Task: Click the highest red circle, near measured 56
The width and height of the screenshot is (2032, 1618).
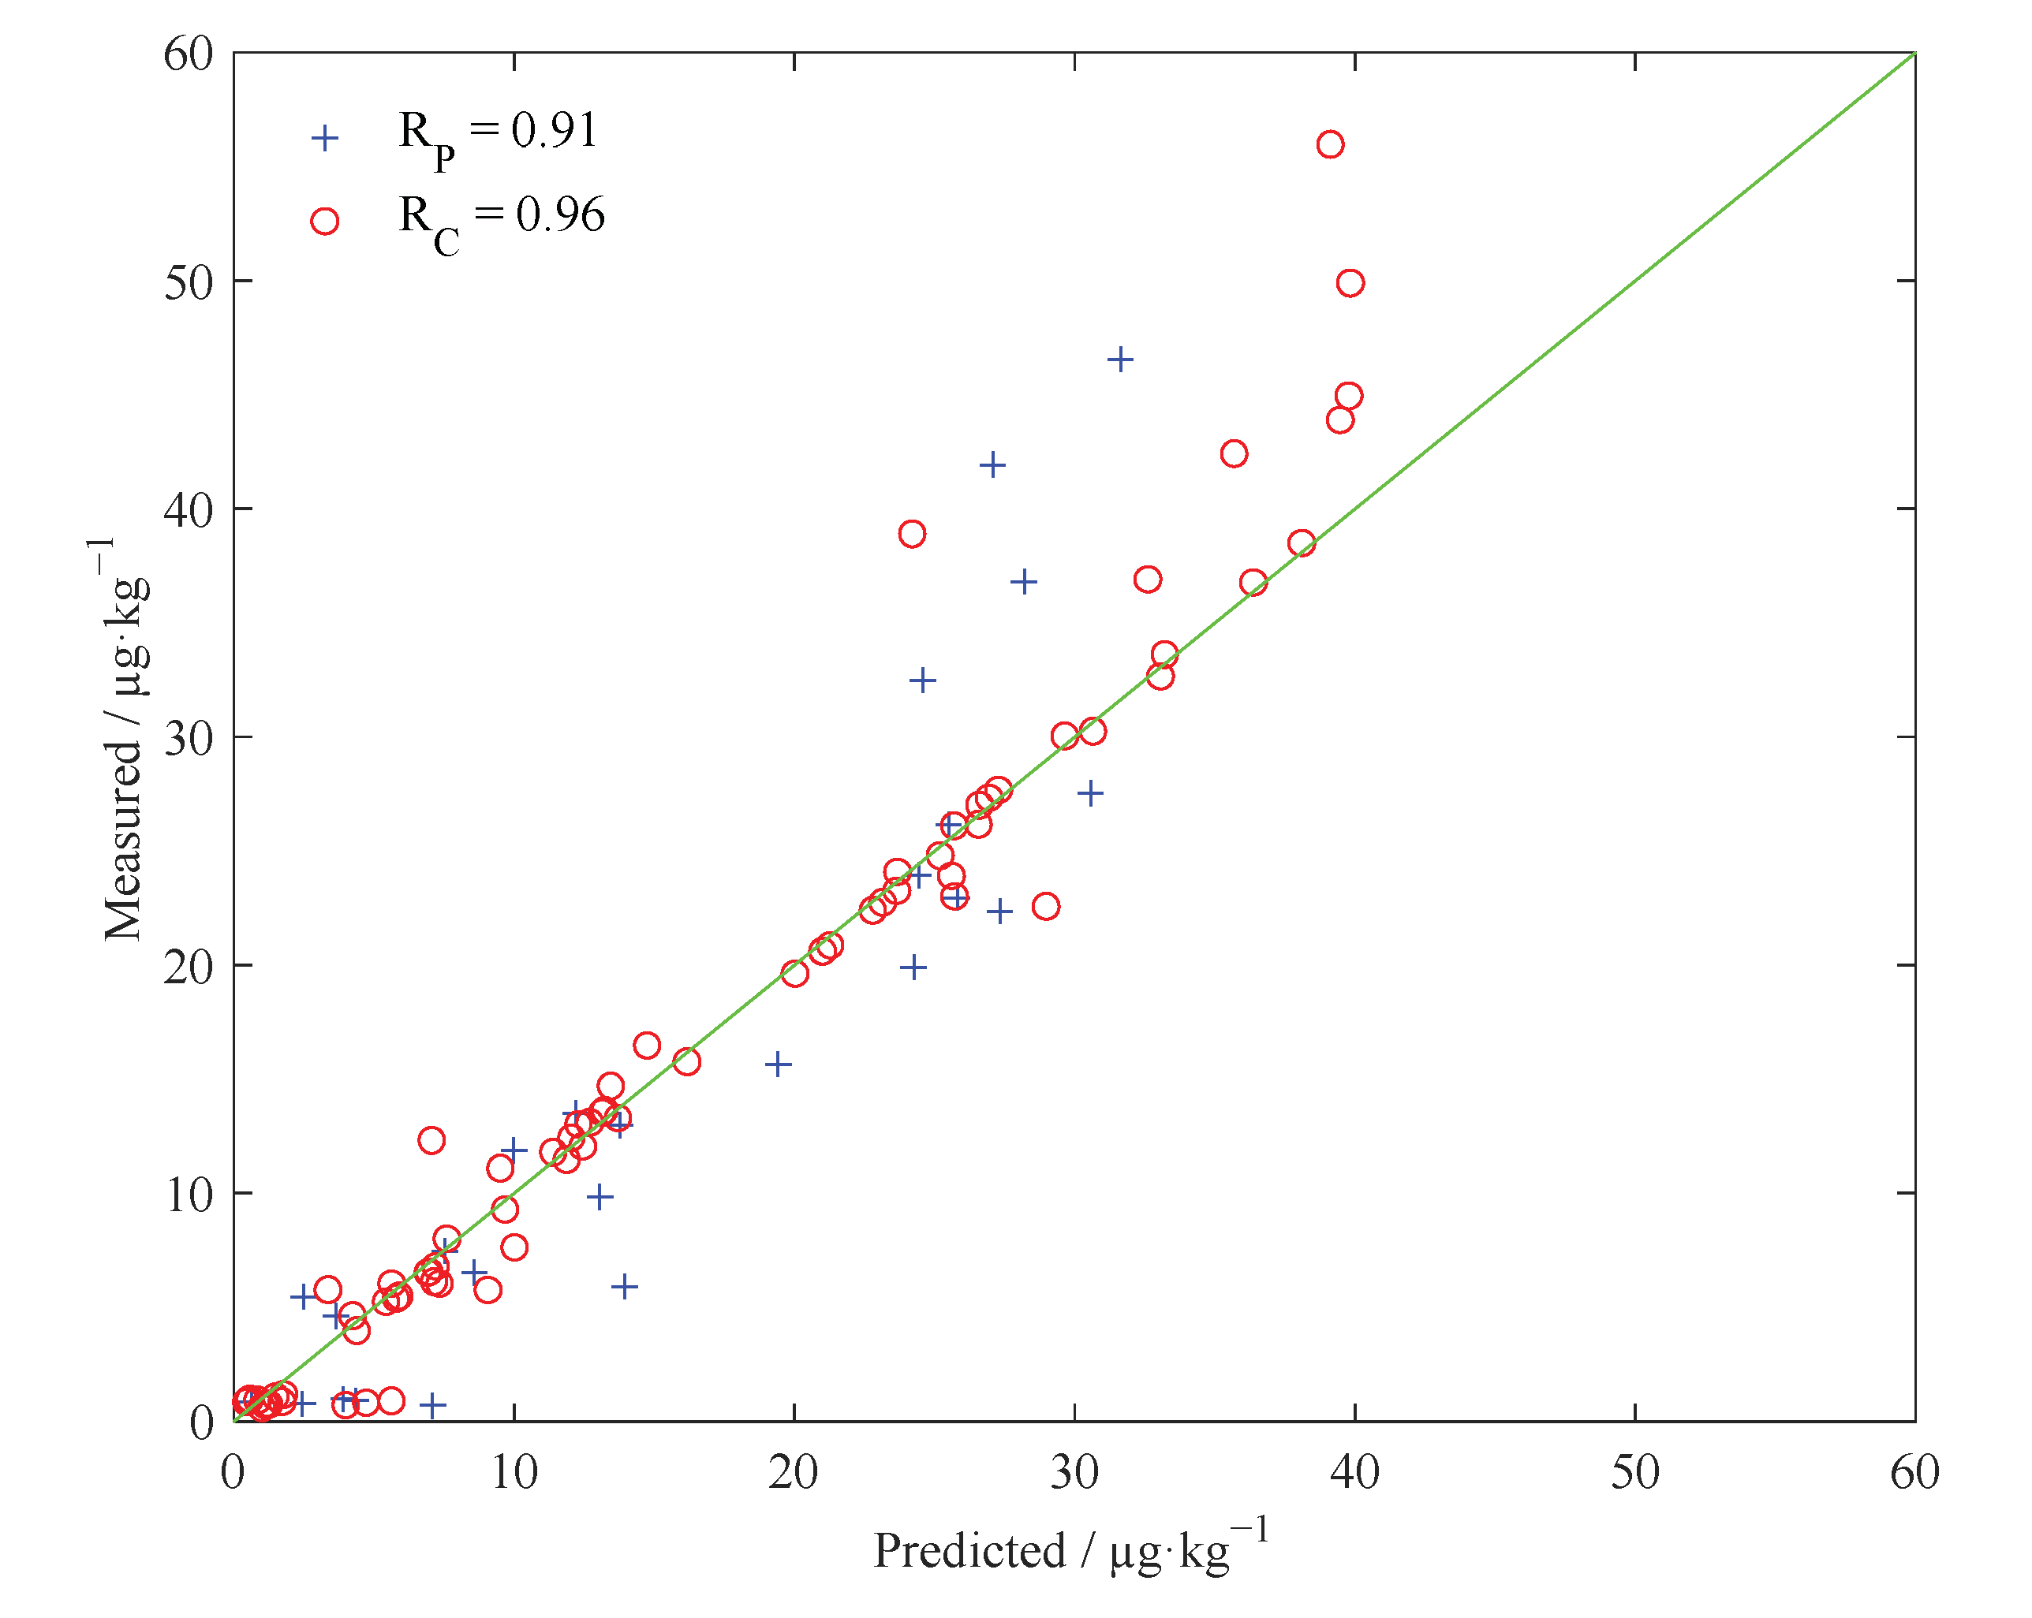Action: [x=1330, y=144]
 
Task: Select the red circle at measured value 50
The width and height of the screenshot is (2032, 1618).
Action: [x=1350, y=283]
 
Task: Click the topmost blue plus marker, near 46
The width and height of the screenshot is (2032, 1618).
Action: [x=1119, y=359]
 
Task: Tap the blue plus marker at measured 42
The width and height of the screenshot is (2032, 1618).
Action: [x=992, y=464]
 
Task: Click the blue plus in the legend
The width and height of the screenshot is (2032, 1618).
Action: [x=324, y=139]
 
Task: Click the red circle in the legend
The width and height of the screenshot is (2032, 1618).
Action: [x=324, y=222]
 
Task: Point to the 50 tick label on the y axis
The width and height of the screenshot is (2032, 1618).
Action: [x=189, y=281]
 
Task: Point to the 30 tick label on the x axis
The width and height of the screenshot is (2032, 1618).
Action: [x=1074, y=1472]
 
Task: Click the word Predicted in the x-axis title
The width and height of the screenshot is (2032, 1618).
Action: [x=969, y=1551]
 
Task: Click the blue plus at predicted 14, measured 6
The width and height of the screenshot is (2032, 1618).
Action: [x=624, y=1286]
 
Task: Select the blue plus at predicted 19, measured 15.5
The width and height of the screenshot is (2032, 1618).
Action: [x=778, y=1064]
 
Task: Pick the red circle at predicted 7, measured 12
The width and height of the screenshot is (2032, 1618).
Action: [x=431, y=1140]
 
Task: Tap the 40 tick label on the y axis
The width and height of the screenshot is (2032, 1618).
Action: [x=189, y=510]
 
